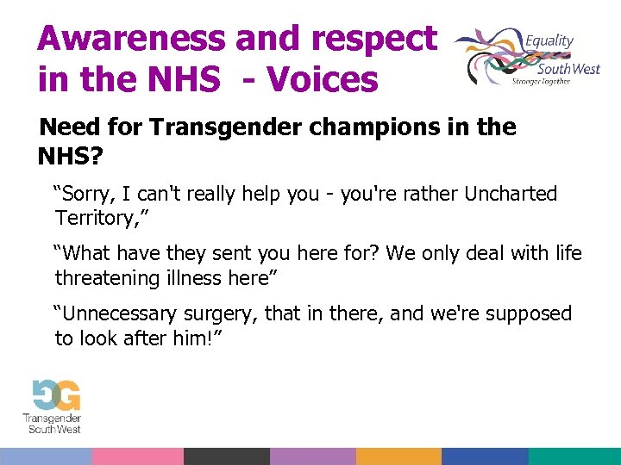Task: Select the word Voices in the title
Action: pyautogui.click(x=323, y=79)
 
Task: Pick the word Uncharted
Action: pyautogui.click(x=511, y=194)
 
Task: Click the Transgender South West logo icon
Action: pyautogui.click(x=53, y=395)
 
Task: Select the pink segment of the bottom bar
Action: pyautogui.click(x=137, y=456)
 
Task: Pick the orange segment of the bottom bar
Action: pyautogui.click(x=398, y=456)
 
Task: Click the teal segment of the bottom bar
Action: pyautogui.click(x=574, y=456)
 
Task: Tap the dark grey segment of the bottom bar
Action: pyautogui.click(x=226, y=456)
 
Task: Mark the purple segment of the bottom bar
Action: pyautogui.click(x=312, y=456)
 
